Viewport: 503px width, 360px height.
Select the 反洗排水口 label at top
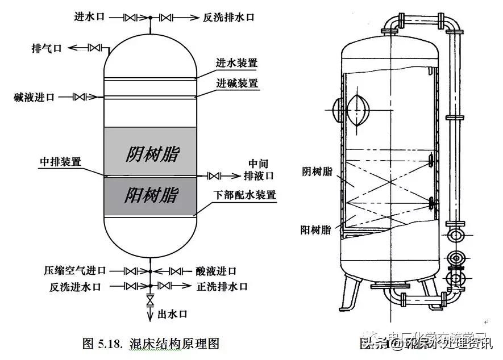click(x=228, y=18)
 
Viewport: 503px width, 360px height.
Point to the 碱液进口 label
click(x=35, y=97)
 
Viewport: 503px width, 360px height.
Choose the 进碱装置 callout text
click(x=236, y=83)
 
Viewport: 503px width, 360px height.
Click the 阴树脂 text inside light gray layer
click(x=152, y=154)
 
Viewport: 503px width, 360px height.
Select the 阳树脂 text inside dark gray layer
click(x=151, y=195)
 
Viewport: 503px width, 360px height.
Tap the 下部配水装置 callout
click(x=244, y=195)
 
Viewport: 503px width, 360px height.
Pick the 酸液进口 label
click(x=217, y=271)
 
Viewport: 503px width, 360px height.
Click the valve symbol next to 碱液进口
click(x=83, y=97)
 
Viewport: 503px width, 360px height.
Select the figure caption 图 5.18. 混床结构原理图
click(x=151, y=343)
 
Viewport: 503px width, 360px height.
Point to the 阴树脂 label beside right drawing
click(x=317, y=171)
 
